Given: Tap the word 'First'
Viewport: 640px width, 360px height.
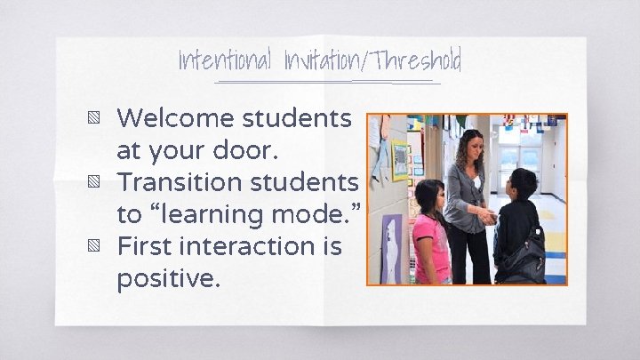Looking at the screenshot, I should click(x=146, y=246).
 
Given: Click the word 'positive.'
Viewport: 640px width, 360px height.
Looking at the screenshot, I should click(x=167, y=278).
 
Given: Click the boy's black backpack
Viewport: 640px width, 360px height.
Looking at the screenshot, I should click(x=530, y=258).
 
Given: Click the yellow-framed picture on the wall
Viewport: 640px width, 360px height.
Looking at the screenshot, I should click(x=401, y=160).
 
